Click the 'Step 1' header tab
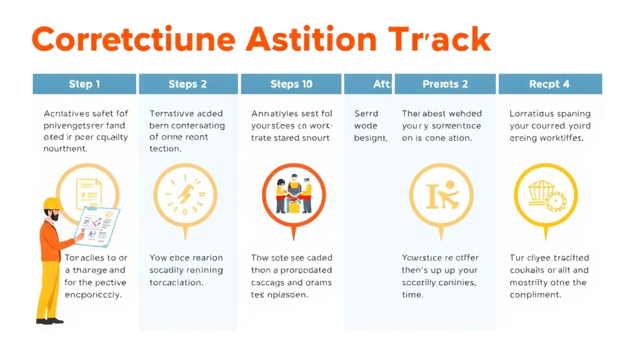[x=84, y=84]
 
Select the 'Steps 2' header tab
[x=187, y=84]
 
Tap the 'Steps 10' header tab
[x=291, y=84]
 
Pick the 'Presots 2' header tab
[x=445, y=84]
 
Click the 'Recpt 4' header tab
[x=549, y=84]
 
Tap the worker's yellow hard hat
[x=52, y=204]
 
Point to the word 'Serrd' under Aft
[x=366, y=114]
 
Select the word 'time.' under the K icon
[x=412, y=295]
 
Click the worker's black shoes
[x=49, y=321]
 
